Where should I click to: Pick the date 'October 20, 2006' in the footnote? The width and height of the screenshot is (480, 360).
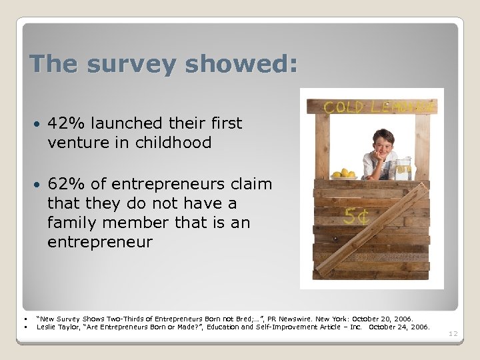tap(383, 319)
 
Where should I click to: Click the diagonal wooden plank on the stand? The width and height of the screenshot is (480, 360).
tap(373, 230)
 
